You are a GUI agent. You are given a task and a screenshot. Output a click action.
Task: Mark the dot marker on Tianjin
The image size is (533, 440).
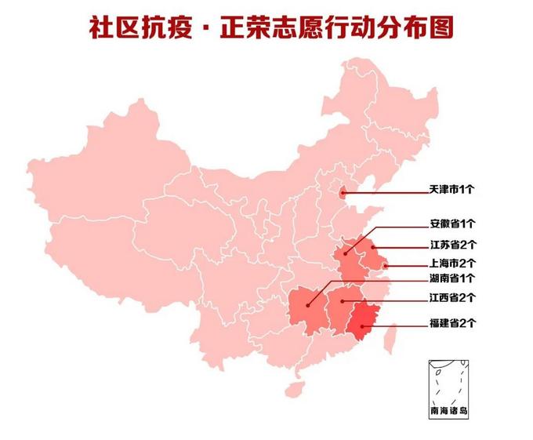[x=341, y=191]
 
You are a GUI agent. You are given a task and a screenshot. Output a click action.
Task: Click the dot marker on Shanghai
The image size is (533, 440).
[x=385, y=267]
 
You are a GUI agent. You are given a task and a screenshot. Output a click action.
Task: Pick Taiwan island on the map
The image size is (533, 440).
[x=394, y=339]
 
